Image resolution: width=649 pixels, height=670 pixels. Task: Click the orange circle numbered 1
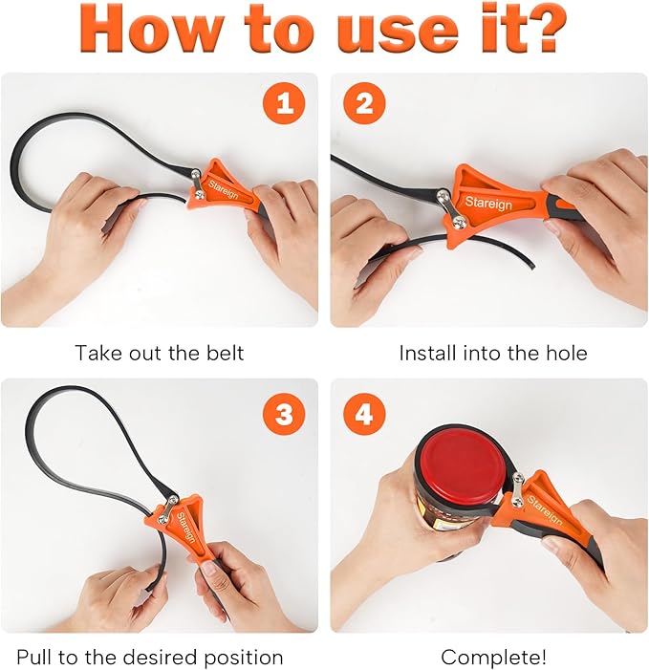pos(284,103)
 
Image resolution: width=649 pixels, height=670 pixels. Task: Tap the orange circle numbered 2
pos(364,103)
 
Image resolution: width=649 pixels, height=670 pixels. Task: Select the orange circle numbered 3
pos(284,414)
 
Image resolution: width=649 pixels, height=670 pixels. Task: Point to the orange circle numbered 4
pos(364,414)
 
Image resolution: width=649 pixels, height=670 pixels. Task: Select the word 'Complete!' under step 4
pos(493,657)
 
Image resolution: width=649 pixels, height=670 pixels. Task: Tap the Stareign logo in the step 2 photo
pos(488,203)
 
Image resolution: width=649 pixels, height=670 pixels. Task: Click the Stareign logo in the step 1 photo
pos(223,189)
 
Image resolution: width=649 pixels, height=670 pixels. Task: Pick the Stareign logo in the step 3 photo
pos(186,528)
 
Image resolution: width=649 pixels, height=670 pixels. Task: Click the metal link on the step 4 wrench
pos(518,490)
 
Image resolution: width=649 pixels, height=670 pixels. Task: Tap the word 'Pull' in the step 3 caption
pos(34,657)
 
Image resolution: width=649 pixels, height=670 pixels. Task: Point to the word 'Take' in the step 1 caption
pos(96,353)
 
